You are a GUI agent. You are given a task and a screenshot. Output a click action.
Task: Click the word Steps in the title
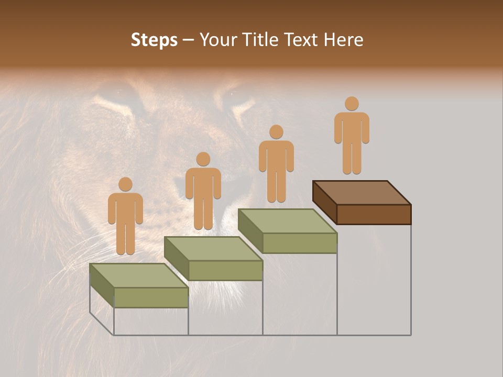tap(154, 40)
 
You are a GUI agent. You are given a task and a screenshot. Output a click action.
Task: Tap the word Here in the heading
tap(343, 40)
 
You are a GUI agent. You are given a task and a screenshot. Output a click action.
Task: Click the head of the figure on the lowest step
tap(125, 184)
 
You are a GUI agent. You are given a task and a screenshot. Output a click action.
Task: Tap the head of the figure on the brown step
tap(352, 104)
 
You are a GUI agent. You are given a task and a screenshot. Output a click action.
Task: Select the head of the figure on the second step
tap(203, 159)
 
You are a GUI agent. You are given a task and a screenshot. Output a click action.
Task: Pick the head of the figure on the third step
tap(276, 132)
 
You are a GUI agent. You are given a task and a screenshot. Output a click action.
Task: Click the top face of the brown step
tap(362, 192)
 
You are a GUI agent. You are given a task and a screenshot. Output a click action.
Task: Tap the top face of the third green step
tap(287, 221)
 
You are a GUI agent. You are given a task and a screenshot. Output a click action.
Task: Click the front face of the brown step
tap(374, 214)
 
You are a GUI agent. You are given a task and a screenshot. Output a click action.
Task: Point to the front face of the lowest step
tap(151, 297)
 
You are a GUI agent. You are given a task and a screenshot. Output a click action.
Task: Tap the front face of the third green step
tap(300, 243)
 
